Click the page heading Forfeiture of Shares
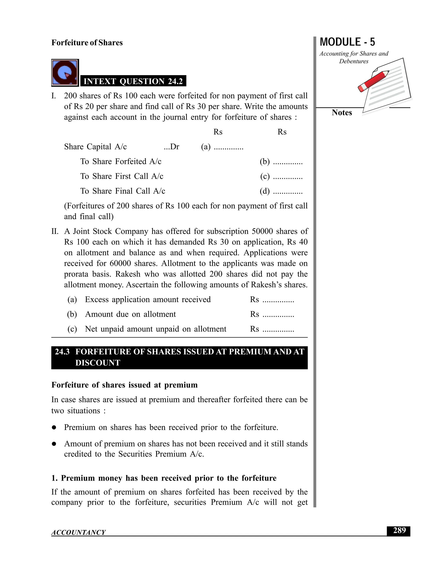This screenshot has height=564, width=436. coord(87,43)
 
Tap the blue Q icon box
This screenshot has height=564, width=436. coord(65,73)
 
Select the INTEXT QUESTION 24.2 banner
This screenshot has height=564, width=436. coord(133,81)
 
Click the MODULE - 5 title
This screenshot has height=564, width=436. coord(347,42)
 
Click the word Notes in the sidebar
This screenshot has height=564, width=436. coord(341,113)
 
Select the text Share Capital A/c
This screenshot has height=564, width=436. coord(95,147)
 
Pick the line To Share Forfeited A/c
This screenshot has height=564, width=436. coord(121,161)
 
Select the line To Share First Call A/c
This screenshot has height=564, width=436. coord(122,176)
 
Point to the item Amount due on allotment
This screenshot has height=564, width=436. coord(131,314)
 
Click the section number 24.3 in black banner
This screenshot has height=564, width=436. coord(62,352)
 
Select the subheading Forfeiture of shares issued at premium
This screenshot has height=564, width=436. coord(125,385)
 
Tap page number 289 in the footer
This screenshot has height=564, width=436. coord(399,531)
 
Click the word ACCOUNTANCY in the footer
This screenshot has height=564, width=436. coord(78,532)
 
